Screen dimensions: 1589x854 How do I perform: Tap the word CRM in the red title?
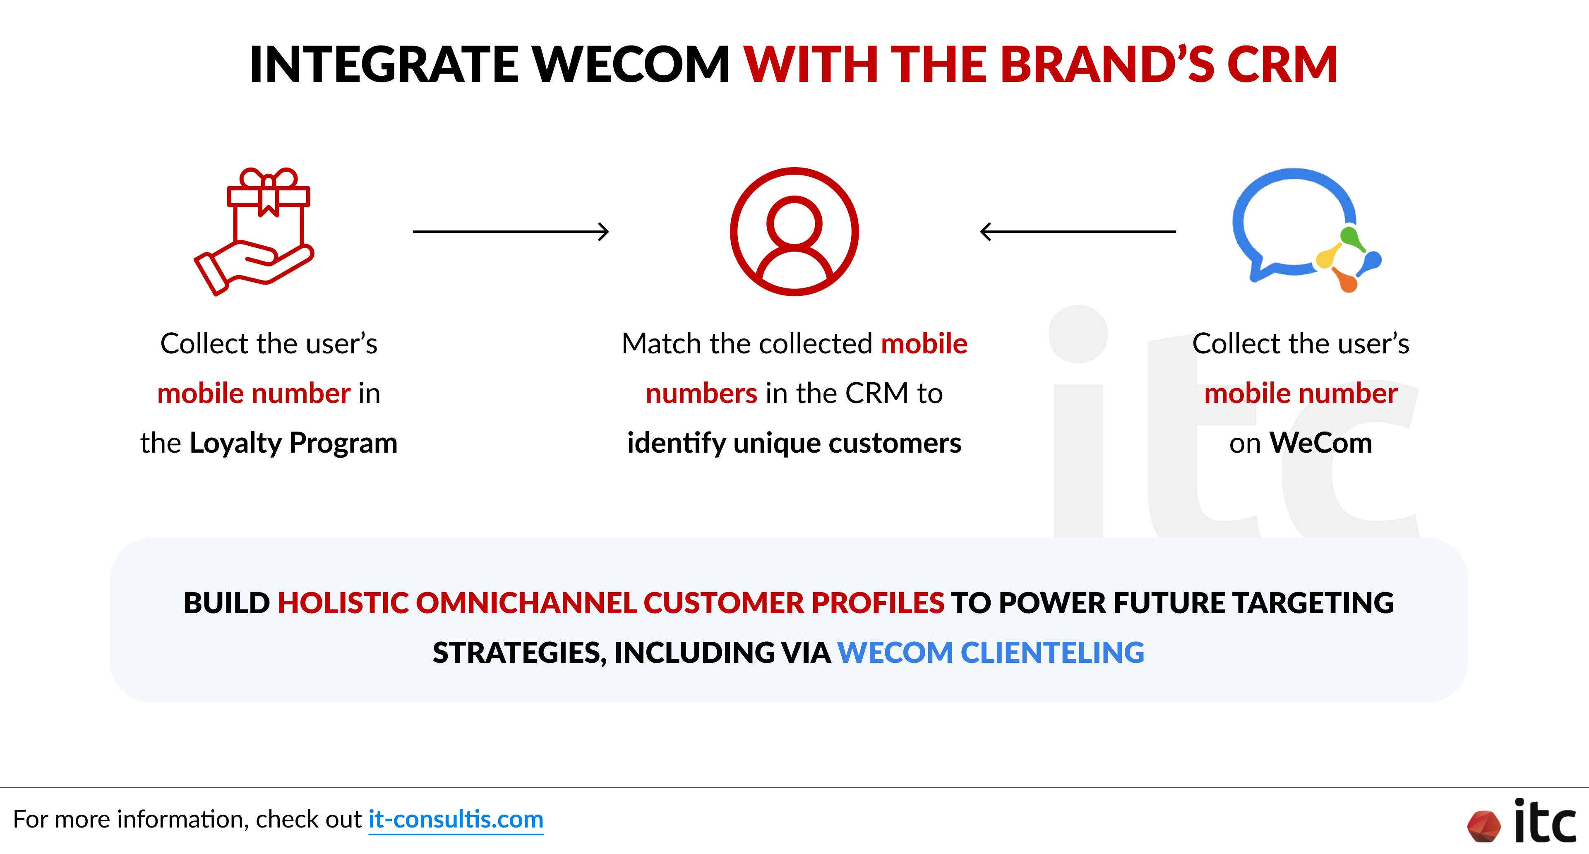[x=1282, y=64]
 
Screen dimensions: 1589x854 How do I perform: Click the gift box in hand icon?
[x=254, y=231]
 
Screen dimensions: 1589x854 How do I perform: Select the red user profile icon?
[x=794, y=231]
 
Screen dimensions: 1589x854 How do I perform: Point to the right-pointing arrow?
[x=511, y=232]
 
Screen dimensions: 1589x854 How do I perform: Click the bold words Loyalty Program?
[x=294, y=443]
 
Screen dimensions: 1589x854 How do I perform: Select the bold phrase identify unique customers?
[x=794, y=443]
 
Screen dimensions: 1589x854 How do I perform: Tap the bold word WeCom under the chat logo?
[x=1321, y=443]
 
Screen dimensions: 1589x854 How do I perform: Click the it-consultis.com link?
[x=456, y=820]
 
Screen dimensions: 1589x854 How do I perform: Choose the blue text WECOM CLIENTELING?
[x=991, y=652]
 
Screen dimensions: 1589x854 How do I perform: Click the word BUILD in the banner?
[x=227, y=603]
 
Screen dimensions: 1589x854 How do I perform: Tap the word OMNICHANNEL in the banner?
[x=526, y=603]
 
